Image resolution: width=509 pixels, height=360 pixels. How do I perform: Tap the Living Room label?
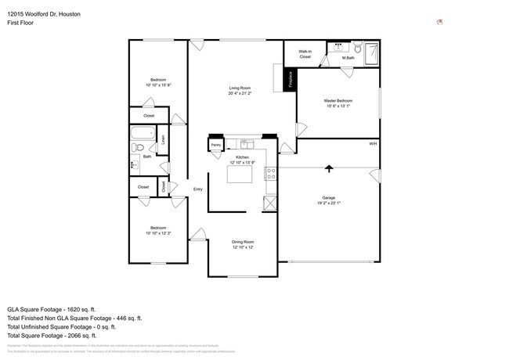pyautogui.click(x=240, y=88)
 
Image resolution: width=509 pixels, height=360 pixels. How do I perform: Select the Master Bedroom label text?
pyautogui.click(x=338, y=101)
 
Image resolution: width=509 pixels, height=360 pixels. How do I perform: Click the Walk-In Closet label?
pyautogui.click(x=305, y=54)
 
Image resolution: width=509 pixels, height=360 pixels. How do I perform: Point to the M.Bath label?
pyautogui.click(x=348, y=58)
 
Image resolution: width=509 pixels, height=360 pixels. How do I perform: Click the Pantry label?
pyautogui.click(x=215, y=145)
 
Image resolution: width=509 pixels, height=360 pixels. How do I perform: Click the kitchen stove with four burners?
pyautogui.click(x=271, y=172)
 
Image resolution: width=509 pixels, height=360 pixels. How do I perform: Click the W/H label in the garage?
pyautogui.click(x=373, y=144)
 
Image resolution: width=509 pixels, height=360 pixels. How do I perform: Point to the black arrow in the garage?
pyautogui.click(x=329, y=167)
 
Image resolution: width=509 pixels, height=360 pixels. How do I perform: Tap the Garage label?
pyautogui.click(x=328, y=197)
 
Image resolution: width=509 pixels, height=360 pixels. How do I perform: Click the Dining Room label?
pyautogui.click(x=242, y=242)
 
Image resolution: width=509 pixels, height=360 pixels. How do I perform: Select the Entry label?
pyautogui.click(x=197, y=189)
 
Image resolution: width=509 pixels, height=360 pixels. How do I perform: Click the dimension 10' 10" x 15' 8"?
pyautogui.click(x=159, y=85)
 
